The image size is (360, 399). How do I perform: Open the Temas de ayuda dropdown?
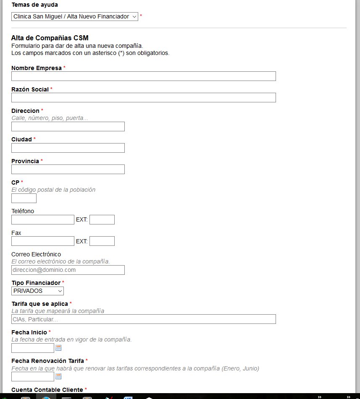(74, 16)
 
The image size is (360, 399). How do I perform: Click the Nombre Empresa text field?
(143, 76)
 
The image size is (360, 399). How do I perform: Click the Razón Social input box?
(143, 97)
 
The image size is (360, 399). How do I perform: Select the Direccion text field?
(68, 126)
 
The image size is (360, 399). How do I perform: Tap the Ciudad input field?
(68, 148)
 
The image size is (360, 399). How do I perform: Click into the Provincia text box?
(68, 169)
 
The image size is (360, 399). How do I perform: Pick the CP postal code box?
(24, 198)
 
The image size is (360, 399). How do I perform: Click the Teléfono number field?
(42, 219)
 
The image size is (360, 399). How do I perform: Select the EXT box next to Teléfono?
(102, 219)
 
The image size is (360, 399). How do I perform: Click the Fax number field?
(42, 241)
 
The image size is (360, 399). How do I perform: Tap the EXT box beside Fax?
(102, 241)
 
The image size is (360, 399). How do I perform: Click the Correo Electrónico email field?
(68, 270)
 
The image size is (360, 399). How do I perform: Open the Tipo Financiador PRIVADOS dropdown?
(37, 291)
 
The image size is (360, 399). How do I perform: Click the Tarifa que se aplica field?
(143, 319)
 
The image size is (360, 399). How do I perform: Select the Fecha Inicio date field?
(33, 348)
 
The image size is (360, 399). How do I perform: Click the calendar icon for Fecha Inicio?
(58, 348)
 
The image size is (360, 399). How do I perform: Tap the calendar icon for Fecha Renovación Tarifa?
(58, 376)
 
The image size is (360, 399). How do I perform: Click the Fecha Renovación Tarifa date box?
(33, 376)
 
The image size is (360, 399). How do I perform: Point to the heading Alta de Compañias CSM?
(50, 38)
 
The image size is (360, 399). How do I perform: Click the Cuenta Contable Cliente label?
(47, 390)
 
